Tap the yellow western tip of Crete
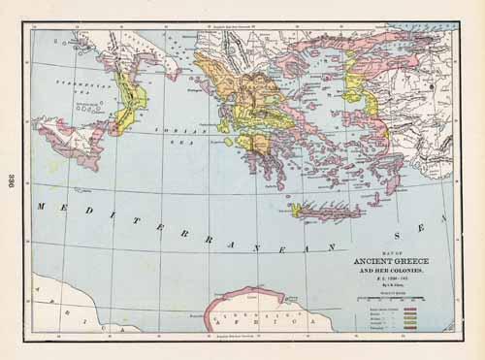point(296,209)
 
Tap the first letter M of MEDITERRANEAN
point(41,206)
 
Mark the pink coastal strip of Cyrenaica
point(246,292)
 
